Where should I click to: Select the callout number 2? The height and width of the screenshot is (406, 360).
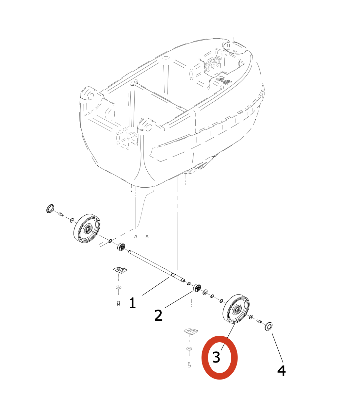click(x=158, y=315)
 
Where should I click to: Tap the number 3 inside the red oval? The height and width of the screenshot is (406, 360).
click(x=216, y=357)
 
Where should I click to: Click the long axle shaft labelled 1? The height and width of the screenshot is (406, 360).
click(x=156, y=266)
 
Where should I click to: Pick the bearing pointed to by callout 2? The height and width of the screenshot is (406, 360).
click(x=197, y=288)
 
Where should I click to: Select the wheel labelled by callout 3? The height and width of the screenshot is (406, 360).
click(x=236, y=309)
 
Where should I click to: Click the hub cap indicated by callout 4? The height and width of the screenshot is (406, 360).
click(x=269, y=327)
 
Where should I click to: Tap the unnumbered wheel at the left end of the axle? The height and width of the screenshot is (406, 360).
click(x=87, y=228)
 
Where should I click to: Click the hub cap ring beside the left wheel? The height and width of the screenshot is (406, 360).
click(x=50, y=209)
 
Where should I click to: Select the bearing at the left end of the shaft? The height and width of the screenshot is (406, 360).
click(x=121, y=246)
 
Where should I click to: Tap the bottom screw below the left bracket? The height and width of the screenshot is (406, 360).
click(x=118, y=304)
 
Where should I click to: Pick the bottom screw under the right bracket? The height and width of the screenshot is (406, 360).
click(x=189, y=365)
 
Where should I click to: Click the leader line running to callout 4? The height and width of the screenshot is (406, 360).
click(x=277, y=348)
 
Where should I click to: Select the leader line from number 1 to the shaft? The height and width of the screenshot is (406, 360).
click(x=155, y=286)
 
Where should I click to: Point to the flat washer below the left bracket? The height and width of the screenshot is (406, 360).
click(x=118, y=287)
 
